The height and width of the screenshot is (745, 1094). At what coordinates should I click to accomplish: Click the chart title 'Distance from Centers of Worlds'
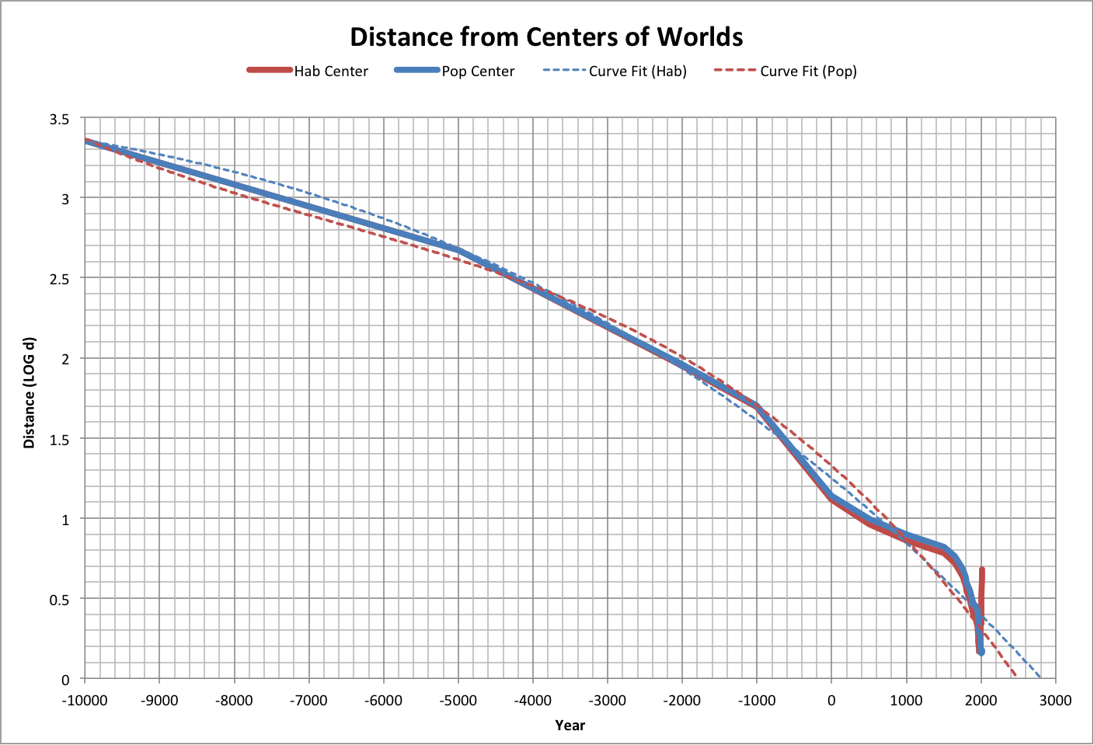tap(546, 37)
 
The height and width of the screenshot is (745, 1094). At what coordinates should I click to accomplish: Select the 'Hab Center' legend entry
tap(330, 71)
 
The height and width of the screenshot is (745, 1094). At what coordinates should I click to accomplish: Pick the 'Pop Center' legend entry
tap(478, 71)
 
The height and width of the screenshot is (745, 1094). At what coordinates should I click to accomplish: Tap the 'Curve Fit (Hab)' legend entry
tap(637, 71)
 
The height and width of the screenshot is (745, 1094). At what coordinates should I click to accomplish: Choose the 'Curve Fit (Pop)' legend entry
tap(808, 71)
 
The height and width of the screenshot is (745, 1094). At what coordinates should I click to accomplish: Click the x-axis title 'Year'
tap(570, 725)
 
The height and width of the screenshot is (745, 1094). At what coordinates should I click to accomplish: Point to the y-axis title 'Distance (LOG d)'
tap(30, 393)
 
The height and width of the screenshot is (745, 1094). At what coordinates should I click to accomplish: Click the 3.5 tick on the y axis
tap(60, 119)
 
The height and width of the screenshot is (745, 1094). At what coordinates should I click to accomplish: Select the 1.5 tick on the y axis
tap(60, 439)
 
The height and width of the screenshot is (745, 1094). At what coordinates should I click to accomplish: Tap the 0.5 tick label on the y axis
tap(60, 599)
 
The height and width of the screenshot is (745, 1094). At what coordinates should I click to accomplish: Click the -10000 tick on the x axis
tap(85, 700)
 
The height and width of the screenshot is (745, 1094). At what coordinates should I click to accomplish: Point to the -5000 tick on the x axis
tap(458, 700)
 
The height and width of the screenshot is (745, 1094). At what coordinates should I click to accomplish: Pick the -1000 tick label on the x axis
tap(756, 700)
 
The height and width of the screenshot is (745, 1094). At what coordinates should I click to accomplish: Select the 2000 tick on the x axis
tap(981, 700)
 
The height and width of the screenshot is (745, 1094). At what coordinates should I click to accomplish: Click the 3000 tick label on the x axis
tap(1054, 700)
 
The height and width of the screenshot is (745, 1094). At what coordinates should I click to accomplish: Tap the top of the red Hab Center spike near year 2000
tap(982, 570)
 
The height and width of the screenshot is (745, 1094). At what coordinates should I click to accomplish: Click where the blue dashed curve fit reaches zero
tap(1040, 677)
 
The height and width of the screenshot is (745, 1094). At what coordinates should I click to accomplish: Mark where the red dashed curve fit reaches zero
tap(1016, 677)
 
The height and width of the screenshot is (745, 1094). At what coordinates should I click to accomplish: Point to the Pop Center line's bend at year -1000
tap(757, 406)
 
